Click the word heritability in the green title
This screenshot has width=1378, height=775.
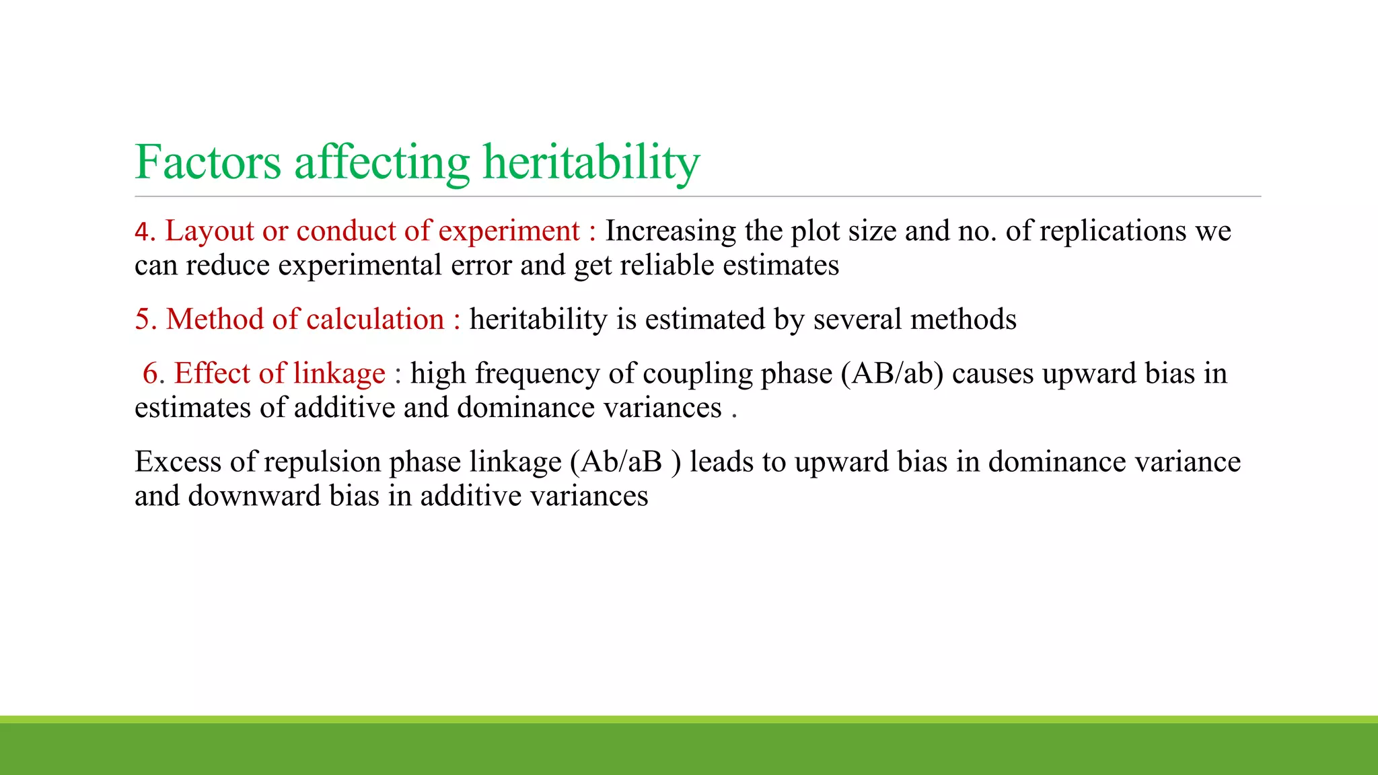591,162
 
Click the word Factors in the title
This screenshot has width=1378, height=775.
208,162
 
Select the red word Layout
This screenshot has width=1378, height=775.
209,231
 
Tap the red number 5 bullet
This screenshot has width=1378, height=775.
144,319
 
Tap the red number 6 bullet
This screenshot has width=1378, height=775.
152,373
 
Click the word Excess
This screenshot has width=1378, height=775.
178,462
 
